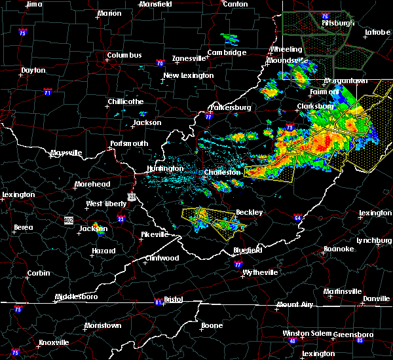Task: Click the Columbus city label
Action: (x=124, y=55)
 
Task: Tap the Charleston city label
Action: (x=223, y=173)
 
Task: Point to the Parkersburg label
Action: (x=230, y=107)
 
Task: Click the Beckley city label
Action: (x=249, y=212)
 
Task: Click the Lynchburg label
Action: (x=373, y=240)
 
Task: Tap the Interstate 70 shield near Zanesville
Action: (x=159, y=63)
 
